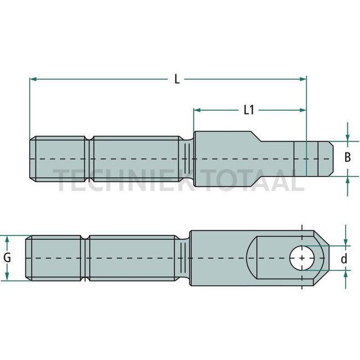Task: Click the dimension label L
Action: [177, 79]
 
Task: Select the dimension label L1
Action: [249, 110]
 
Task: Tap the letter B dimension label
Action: [347, 158]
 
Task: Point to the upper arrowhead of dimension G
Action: [8, 239]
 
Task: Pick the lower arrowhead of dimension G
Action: [8, 277]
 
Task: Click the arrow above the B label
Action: [347, 137]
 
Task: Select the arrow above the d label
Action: [347, 241]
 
